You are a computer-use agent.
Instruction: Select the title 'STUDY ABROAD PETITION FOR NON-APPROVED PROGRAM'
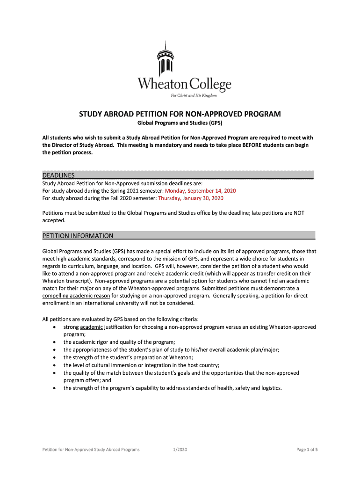180,114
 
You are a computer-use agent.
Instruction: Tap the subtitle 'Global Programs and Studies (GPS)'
180,123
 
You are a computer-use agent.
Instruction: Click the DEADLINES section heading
58,175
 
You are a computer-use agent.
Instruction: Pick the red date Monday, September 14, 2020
203,191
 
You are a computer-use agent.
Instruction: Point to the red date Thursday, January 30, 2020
191,198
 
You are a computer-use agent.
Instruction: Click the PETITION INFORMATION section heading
78,236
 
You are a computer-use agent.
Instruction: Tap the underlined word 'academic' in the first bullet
91,327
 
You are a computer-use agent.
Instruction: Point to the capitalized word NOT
299,213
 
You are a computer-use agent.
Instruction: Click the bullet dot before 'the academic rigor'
57,342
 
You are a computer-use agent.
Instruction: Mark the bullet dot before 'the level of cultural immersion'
57,365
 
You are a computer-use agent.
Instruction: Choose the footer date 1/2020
180,450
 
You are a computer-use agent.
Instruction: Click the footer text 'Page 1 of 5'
307,450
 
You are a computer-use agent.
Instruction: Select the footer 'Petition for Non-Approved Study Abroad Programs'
91,450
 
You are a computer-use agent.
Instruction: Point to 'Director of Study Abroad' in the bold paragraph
86,145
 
